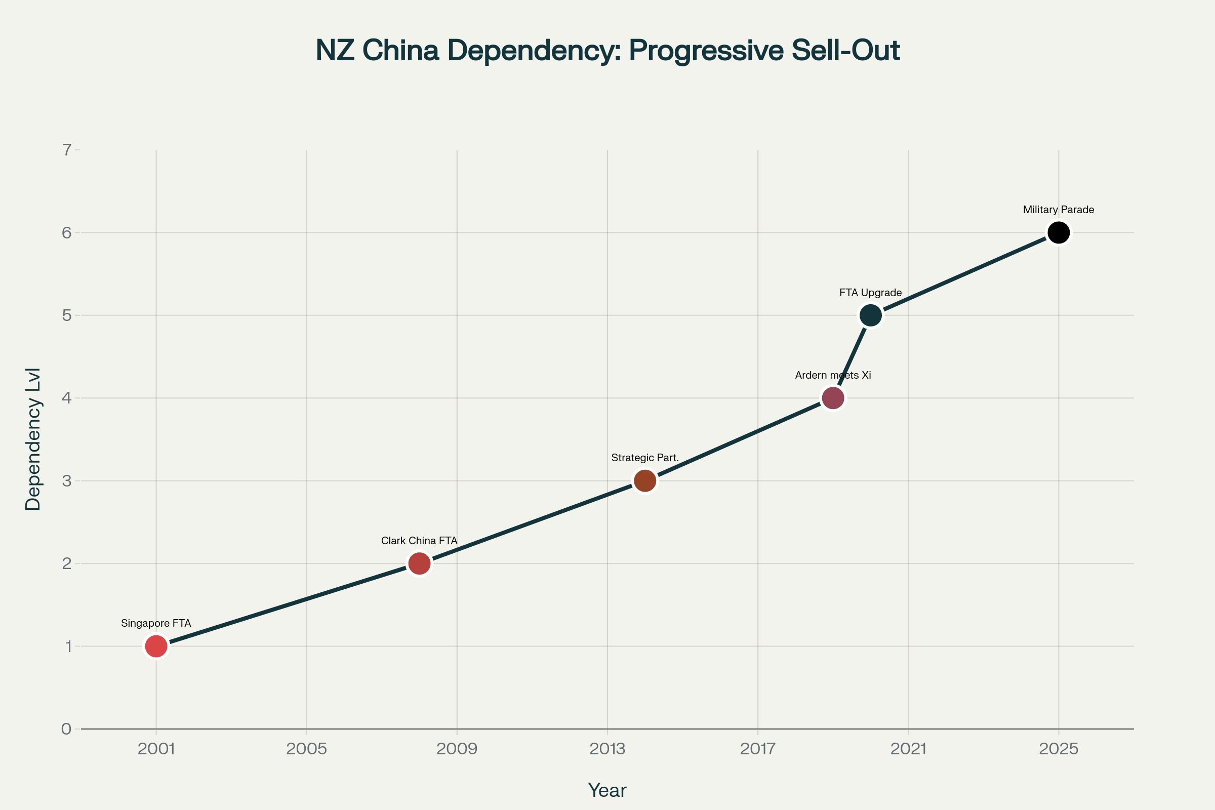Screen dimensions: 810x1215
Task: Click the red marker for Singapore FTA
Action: pyautogui.click(x=156, y=646)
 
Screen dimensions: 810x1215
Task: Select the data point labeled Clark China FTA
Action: pyautogui.click(x=420, y=563)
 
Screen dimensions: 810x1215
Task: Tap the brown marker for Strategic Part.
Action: pyautogui.click(x=645, y=481)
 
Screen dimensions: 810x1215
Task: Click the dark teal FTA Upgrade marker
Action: pyautogui.click(x=870, y=315)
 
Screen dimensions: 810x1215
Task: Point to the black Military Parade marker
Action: pyautogui.click(x=1059, y=232)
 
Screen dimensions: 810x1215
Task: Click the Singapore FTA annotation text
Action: pyautogui.click(x=156, y=624)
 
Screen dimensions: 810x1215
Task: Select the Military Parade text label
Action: pyautogui.click(x=1059, y=210)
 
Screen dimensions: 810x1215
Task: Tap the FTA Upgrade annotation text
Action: pyautogui.click(x=870, y=293)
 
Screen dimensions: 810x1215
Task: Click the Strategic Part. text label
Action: pyautogui.click(x=645, y=458)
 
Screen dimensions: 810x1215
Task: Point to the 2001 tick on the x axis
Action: pyautogui.click(x=156, y=749)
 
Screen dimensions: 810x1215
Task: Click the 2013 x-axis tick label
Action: pyautogui.click(x=607, y=749)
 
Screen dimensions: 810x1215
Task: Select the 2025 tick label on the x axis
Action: pyautogui.click(x=1059, y=749)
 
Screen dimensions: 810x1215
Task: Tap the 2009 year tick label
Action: pyautogui.click(x=457, y=749)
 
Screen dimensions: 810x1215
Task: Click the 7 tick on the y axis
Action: pyautogui.click(x=67, y=150)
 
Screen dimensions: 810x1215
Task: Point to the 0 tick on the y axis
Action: pyautogui.click(x=67, y=730)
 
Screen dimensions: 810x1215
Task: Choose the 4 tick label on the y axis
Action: pyautogui.click(x=67, y=398)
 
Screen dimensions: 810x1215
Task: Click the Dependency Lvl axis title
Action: pyautogui.click(x=33, y=439)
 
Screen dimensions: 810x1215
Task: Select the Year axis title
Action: pyautogui.click(x=607, y=790)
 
